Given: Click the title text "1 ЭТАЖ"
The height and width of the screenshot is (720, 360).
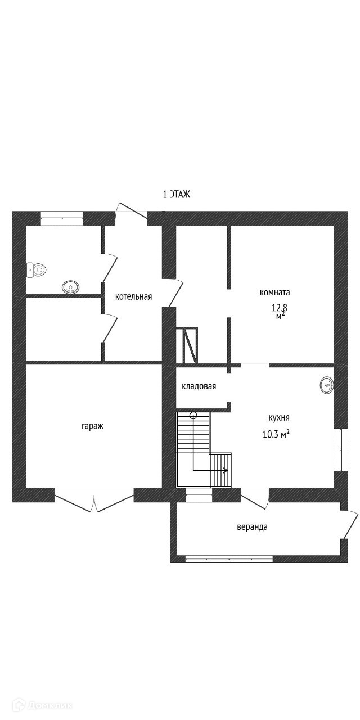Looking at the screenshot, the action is [177, 195].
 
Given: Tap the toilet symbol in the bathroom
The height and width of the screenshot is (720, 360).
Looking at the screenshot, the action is [37, 270].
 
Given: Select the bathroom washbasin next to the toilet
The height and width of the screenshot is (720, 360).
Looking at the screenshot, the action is [70, 287].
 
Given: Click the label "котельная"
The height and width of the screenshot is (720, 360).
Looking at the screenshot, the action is [133, 296].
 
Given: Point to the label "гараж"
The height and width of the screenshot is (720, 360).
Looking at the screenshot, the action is [92, 426].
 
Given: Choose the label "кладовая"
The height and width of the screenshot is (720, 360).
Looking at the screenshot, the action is [199, 386].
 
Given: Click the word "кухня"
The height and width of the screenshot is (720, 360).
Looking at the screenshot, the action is [279, 418].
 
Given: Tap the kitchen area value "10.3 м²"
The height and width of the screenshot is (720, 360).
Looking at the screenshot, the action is [276, 434].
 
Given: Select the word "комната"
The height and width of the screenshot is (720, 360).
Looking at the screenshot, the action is [274, 292].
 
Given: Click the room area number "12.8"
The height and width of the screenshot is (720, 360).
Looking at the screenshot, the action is [280, 308].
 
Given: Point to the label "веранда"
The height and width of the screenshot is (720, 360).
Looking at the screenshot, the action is [252, 527].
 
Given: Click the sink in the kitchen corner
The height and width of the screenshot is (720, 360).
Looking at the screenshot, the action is [326, 385].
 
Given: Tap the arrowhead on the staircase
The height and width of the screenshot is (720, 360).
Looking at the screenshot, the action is [226, 470].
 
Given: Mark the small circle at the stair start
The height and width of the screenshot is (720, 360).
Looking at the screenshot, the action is [193, 416].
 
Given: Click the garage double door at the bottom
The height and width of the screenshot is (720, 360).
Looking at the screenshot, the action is [94, 501].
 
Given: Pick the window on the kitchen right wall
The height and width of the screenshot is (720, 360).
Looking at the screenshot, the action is [337, 449].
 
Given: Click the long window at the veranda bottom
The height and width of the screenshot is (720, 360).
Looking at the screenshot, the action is [229, 559].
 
